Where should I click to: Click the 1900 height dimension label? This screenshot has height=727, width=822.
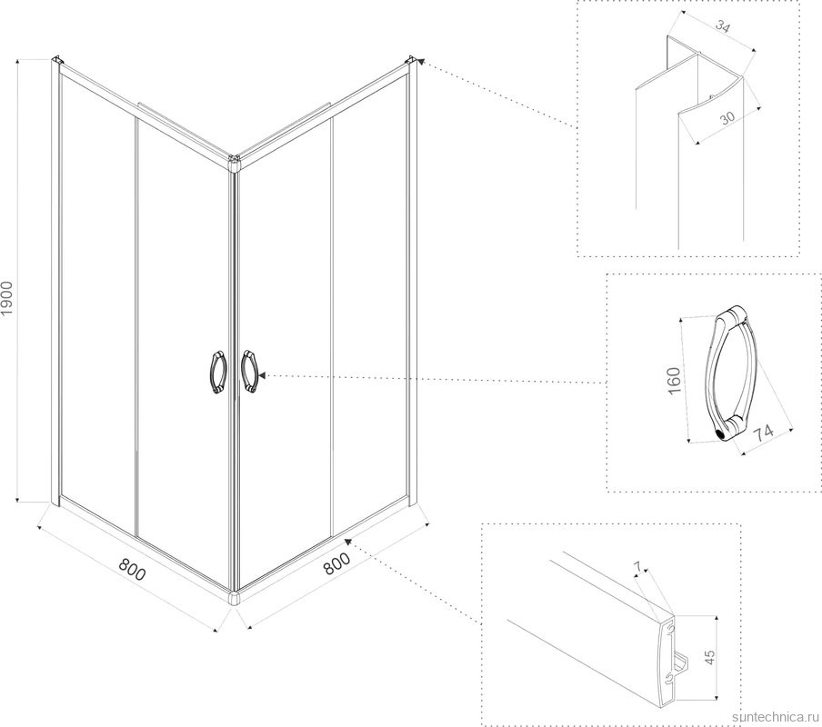(x=6, y=298)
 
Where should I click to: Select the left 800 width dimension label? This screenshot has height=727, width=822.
(x=132, y=570)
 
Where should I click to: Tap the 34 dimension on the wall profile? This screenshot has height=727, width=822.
(x=722, y=26)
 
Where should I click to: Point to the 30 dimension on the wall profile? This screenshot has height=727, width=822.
(x=727, y=118)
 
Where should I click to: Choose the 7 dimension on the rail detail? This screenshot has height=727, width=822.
(x=637, y=566)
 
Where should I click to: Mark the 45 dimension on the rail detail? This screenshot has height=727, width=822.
(x=709, y=657)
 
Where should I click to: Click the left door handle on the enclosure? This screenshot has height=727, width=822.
(x=218, y=373)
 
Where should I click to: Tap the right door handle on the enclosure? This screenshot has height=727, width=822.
(x=249, y=371)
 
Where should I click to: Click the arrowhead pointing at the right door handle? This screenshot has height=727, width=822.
(x=262, y=375)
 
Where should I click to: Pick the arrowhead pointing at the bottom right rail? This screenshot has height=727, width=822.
(x=347, y=541)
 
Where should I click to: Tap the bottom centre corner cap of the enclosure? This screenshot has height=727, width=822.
(x=234, y=598)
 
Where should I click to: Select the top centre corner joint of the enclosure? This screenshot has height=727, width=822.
(x=234, y=164)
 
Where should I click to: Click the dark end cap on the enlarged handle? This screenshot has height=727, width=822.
(x=721, y=434)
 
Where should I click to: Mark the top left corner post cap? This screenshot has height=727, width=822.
(x=57, y=60)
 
